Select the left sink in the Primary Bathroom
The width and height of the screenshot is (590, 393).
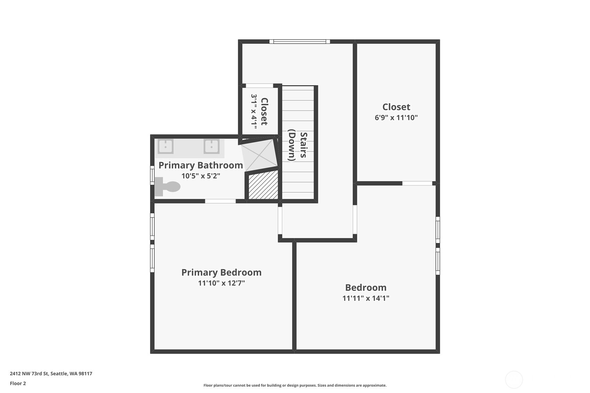tap(165, 146)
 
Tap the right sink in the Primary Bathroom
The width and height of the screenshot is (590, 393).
tap(211, 146)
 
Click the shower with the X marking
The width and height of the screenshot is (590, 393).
tap(259, 155)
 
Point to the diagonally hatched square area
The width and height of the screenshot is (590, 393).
tap(264, 186)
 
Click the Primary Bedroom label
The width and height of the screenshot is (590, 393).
tap(221, 272)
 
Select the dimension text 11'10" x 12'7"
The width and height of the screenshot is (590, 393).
tap(221, 283)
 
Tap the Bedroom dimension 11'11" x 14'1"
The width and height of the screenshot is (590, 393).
tap(365, 298)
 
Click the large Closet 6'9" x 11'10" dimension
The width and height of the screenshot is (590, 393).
tap(396, 117)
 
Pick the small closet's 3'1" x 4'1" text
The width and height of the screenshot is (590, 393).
tap(254, 111)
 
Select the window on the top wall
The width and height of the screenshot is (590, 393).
tap(299, 42)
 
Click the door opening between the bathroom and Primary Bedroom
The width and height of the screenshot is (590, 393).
tap(220, 201)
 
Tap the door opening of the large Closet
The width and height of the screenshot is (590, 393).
tap(417, 183)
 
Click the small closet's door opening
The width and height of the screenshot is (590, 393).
tap(259, 86)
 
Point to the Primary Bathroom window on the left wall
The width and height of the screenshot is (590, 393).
tap(152, 175)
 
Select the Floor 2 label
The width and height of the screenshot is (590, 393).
tap(18, 383)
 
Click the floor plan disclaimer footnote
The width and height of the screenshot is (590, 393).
tap(295, 385)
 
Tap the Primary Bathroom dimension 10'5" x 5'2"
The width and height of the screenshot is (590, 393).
tap(201, 176)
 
